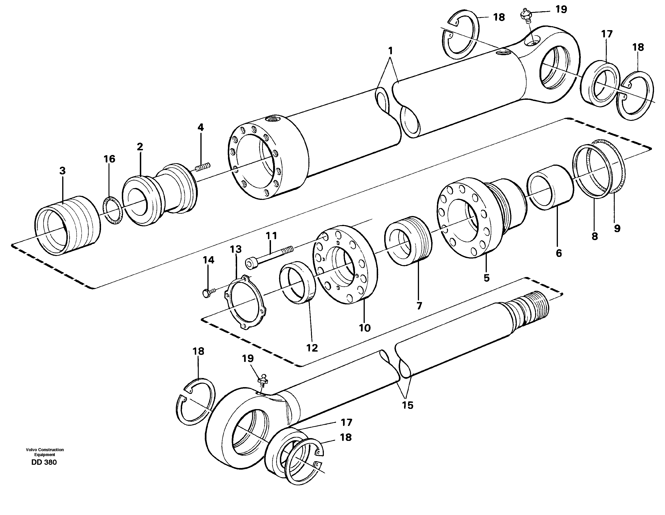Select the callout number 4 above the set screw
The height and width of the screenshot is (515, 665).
point(200,127)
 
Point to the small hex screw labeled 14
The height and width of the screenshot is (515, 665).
point(207,293)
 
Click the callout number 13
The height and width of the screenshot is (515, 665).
point(236,249)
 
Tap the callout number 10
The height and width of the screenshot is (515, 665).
point(365,328)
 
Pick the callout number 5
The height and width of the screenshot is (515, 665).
point(486,277)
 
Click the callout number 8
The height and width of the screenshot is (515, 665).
point(595,236)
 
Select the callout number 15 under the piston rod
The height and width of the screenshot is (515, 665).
point(408,405)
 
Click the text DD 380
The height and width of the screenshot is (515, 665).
point(44,462)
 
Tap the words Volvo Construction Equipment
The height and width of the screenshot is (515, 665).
point(45,452)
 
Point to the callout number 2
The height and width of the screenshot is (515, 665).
point(140,147)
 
